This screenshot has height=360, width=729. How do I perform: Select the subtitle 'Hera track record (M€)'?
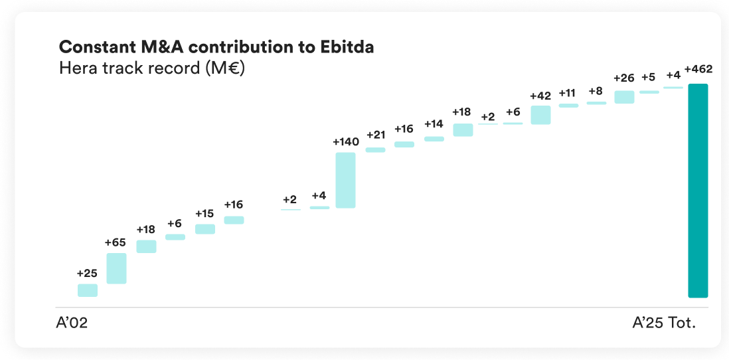pos(152,68)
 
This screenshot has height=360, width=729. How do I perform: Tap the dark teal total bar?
pos(698,191)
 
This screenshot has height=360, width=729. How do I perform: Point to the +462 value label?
pos(698,68)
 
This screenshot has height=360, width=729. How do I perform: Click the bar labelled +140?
pos(345,180)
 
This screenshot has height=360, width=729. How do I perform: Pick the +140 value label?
pos(345,141)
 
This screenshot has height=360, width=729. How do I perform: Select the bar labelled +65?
pos(116,268)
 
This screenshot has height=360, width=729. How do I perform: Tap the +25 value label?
pos(87,273)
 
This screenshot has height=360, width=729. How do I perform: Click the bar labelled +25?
pos(88,290)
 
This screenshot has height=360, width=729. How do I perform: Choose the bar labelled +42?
pos(540,115)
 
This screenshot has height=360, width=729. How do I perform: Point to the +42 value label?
pos(540,96)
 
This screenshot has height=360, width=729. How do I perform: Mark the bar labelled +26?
pos(624,97)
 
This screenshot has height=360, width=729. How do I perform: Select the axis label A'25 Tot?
pos(664,323)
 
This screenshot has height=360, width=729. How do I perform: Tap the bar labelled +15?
pos(205,229)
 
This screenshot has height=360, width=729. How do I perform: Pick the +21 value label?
pos(375,135)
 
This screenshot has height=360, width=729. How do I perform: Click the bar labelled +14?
pos(434,139)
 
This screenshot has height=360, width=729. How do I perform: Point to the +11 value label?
pos(568,92)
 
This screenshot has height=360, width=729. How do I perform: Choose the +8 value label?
pos(596,90)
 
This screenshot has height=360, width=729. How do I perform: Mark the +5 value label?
pos(649,77)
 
